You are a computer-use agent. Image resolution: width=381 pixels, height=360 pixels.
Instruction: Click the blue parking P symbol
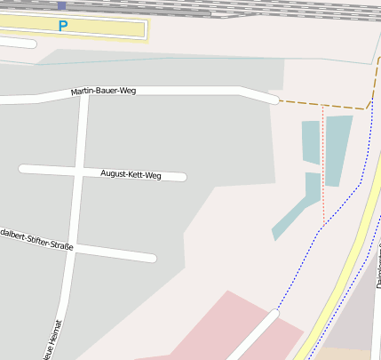(62, 27)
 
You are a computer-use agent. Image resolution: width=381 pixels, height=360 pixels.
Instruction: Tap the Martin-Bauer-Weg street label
(103, 91)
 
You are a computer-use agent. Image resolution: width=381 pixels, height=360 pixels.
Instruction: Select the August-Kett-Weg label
(131, 174)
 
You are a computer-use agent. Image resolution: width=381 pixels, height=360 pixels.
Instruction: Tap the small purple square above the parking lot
(61, 5)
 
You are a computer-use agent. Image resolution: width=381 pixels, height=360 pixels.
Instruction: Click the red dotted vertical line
(323, 169)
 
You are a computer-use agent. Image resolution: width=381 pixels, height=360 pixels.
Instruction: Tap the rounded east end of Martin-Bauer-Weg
(272, 99)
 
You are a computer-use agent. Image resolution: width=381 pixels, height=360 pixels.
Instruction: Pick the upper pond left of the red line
(311, 142)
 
